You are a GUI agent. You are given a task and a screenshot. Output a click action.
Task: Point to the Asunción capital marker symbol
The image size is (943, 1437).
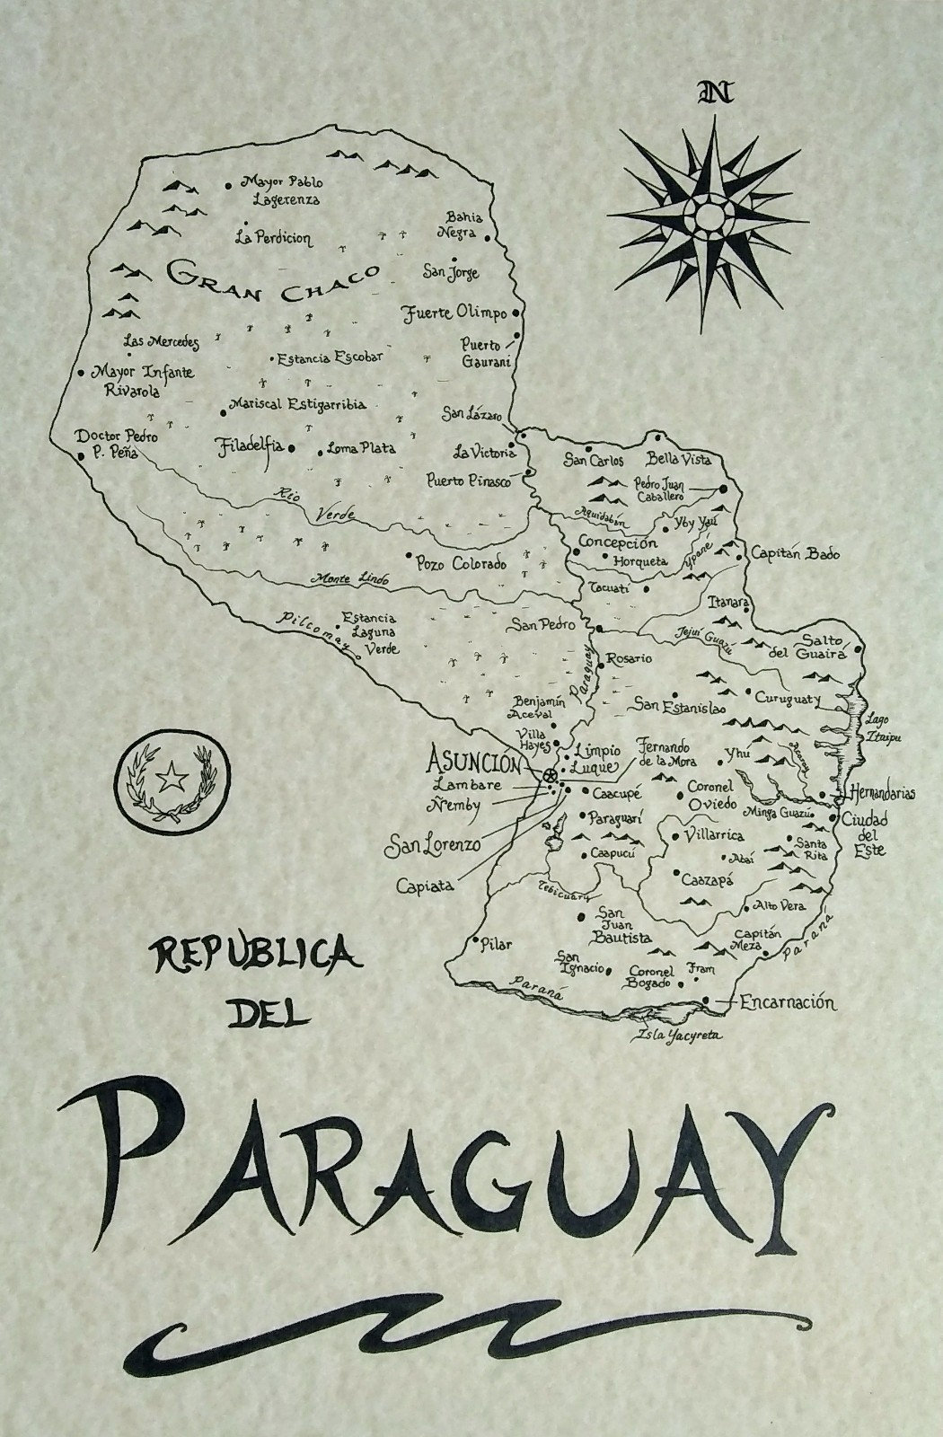tap(550, 775)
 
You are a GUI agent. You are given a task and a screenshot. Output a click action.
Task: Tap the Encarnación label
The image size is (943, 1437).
tap(788, 1003)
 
